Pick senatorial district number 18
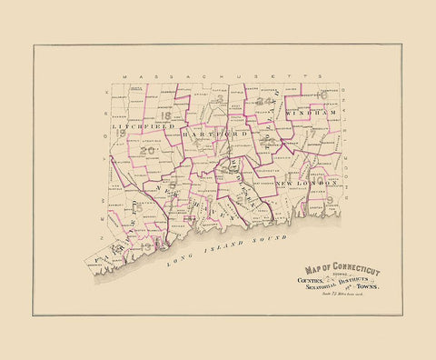click(164, 115)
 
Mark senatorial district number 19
click(121, 132)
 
